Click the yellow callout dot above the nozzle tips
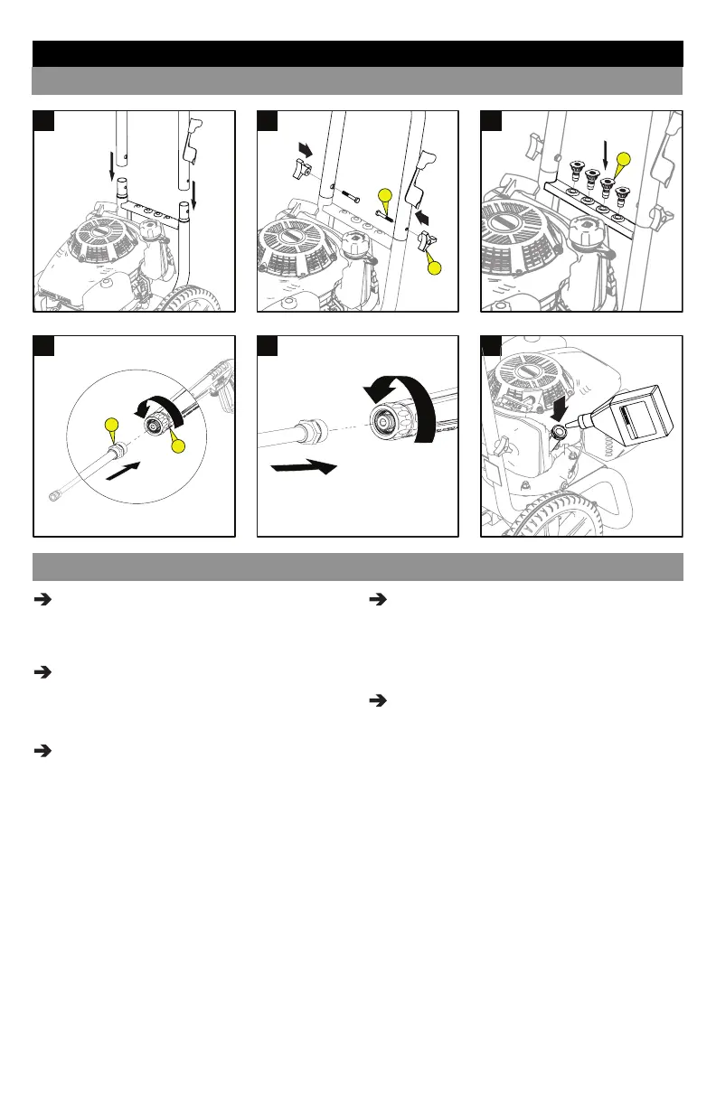[623, 161]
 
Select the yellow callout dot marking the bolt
[384, 195]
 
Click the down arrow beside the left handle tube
[113, 165]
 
